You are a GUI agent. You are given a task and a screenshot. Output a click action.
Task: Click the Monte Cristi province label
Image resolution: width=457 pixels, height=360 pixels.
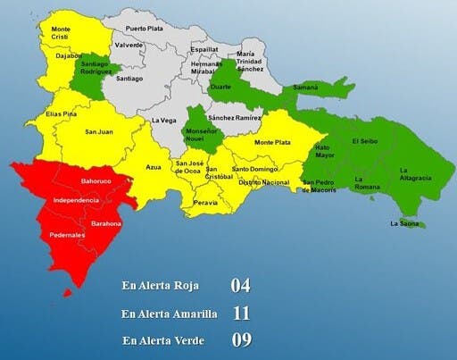tap(61, 34)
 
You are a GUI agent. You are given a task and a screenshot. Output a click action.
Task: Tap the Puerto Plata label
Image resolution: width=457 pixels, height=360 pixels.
tap(144, 29)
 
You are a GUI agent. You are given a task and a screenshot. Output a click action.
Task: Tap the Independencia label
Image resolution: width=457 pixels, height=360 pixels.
tap(76, 200)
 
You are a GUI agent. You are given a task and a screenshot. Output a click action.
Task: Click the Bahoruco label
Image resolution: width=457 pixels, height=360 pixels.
tap(95, 181)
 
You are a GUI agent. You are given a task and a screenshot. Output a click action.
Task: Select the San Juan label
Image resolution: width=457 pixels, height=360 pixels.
tap(97, 133)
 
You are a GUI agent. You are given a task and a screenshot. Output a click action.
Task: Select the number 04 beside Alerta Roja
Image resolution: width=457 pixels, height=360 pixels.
tap(240, 287)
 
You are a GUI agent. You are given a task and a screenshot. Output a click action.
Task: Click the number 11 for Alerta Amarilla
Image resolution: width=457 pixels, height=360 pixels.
tap(240, 314)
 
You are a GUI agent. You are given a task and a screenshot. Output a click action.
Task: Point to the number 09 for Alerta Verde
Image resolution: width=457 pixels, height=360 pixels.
tap(240, 339)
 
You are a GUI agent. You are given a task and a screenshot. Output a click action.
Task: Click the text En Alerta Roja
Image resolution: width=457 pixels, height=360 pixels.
tap(160, 287)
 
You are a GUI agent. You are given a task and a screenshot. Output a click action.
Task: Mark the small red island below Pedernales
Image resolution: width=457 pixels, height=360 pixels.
tap(65, 293)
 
